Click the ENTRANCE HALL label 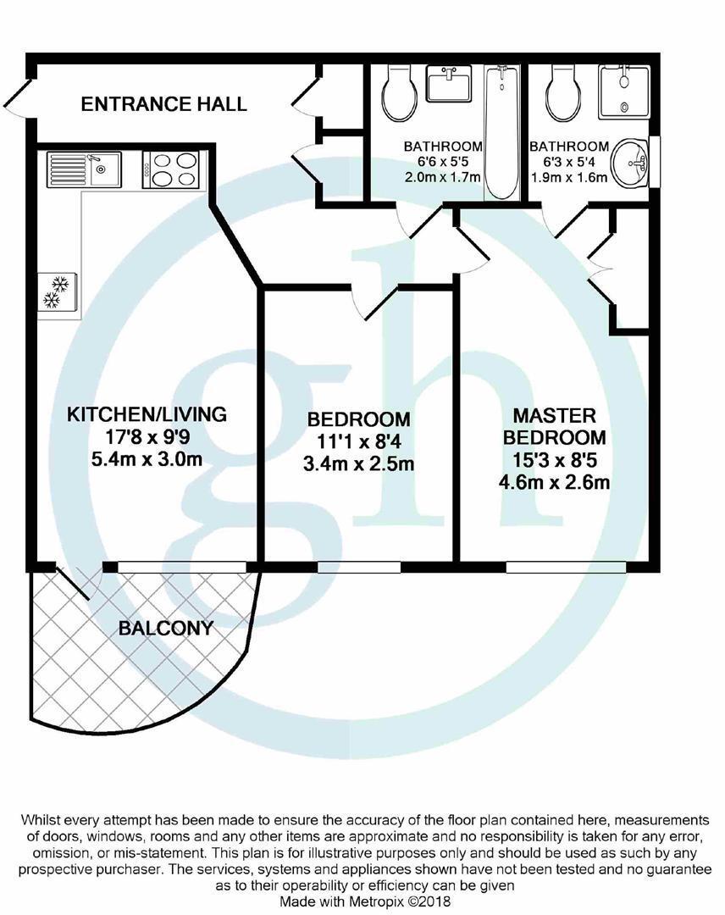pyautogui.click(x=163, y=104)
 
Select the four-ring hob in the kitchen pyautogui.click(x=174, y=168)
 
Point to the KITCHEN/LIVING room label pyautogui.click(x=147, y=415)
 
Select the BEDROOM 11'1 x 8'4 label pyautogui.click(x=358, y=419)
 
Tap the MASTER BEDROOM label pyautogui.click(x=555, y=427)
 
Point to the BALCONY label pyautogui.click(x=166, y=629)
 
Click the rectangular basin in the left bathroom pyautogui.click(x=448, y=86)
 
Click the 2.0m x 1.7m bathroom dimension pyautogui.click(x=442, y=178)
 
